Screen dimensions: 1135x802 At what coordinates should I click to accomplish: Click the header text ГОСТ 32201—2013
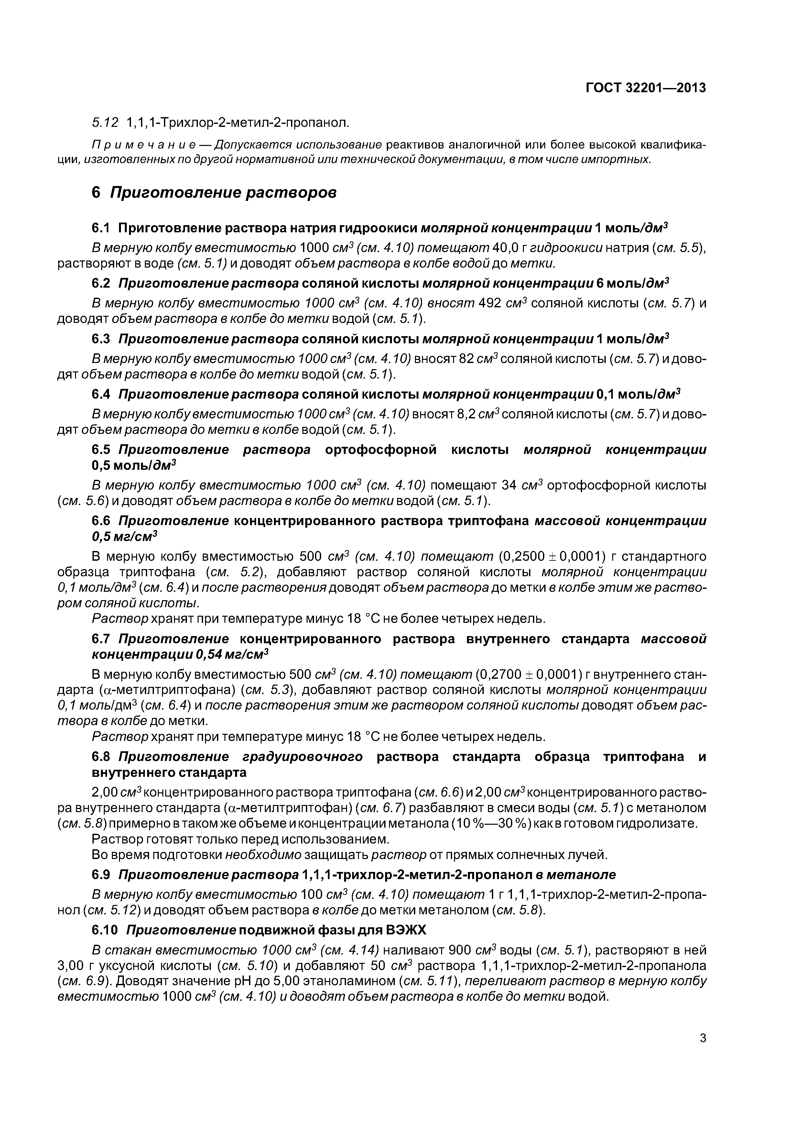(645, 88)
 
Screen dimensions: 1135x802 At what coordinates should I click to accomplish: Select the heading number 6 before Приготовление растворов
(96, 193)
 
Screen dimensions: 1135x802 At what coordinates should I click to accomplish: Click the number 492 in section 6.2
(491, 303)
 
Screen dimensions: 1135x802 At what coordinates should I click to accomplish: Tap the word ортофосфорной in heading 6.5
(381, 449)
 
